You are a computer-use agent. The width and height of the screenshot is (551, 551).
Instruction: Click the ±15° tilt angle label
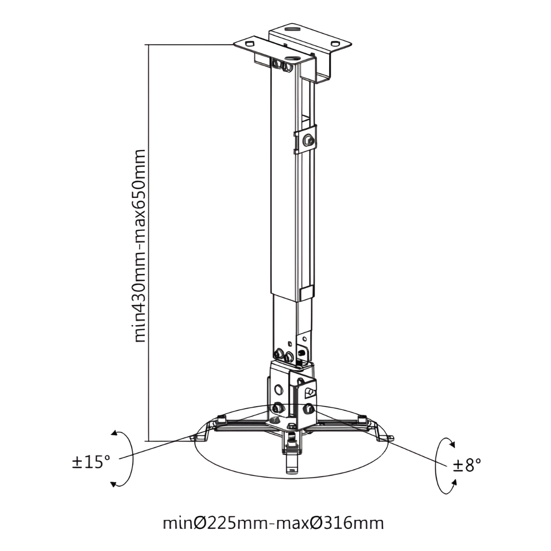click(91, 461)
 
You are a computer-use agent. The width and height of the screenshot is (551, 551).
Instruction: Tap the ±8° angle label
click(467, 465)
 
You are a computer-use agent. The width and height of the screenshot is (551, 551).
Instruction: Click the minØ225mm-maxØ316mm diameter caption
click(273, 523)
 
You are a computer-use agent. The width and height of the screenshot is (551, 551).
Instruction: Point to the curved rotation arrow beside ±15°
click(125, 459)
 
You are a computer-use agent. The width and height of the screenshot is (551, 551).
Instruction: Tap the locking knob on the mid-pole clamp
click(310, 141)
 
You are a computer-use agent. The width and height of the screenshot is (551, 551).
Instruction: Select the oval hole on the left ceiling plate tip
click(248, 44)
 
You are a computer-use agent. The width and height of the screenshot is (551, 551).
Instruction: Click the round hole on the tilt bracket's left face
click(279, 388)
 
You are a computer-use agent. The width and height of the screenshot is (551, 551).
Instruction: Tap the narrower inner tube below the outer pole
click(285, 321)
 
